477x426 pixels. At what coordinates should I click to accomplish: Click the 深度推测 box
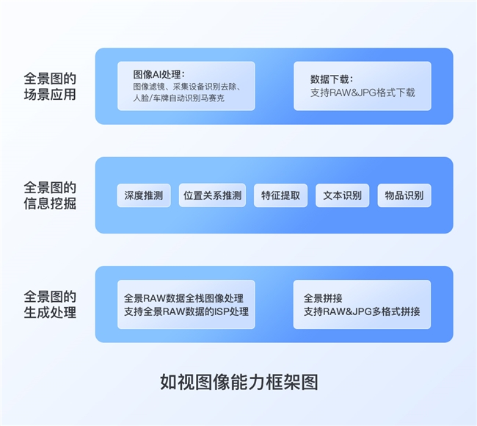point(144,195)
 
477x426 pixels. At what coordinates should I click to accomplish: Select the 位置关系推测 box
point(212,195)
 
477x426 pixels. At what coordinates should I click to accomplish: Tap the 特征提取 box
point(280,195)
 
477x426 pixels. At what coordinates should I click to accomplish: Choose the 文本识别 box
point(342,195)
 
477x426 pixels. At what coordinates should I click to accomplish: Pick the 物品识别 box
point(404,195)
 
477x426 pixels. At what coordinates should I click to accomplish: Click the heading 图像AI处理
point(159,74)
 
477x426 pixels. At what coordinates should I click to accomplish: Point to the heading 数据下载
point(331,79)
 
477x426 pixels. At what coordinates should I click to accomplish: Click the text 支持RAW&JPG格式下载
point(363,93)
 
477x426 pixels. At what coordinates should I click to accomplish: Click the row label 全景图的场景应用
point(50,86)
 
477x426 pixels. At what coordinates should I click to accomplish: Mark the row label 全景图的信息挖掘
point(50,195)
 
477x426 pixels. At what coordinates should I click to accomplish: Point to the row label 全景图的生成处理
point(50,304)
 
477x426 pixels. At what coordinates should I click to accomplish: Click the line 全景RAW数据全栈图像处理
point(183,298)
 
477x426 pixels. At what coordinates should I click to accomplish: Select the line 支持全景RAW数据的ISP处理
point(186,311)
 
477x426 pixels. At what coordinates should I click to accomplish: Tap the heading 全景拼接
point(323,298)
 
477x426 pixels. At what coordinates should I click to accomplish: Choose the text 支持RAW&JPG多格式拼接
point(362,311)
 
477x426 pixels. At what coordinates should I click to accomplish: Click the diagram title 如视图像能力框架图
point(238,382)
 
